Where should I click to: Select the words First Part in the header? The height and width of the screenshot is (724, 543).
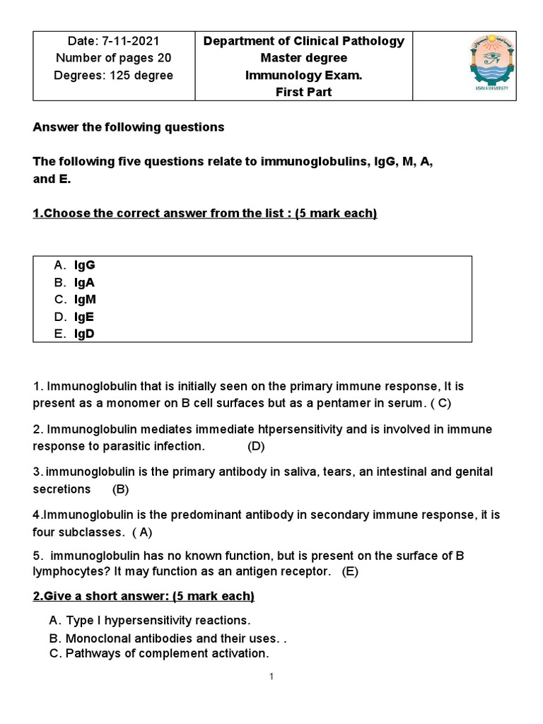coord(303,92)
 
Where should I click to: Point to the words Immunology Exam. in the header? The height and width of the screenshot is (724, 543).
coord(303,75)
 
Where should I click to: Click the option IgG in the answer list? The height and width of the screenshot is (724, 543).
coord(85,265)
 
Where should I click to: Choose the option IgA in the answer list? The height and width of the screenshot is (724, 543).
coord(85,282)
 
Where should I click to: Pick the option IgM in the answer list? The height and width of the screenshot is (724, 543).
coord(86,299)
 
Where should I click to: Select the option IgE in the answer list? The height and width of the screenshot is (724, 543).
coord(84,317)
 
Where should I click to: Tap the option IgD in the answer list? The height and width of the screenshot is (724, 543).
coord(84,334)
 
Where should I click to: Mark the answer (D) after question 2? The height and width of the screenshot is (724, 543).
coord(256,446)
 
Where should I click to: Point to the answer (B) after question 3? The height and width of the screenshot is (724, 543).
coord(120,489)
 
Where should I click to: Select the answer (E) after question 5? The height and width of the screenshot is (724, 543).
coord(350,572)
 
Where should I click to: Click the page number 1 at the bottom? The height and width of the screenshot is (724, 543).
coord(271,677)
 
